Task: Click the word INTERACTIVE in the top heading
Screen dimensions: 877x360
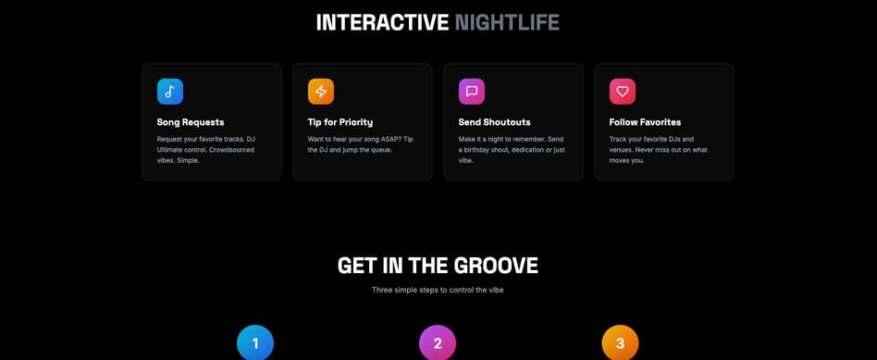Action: (x=382, y=22)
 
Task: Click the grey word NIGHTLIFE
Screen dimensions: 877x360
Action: (x=507, y=22)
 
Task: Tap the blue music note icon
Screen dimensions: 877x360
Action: (x=170, y=92)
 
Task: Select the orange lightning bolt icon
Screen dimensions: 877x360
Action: (x=321, y=92)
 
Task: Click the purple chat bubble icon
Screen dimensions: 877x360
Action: (x=472, y=92)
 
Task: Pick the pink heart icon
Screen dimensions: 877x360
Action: (x=623, y=92)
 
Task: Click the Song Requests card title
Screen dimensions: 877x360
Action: (x=191, y=122)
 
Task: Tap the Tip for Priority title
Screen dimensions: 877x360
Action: (x=340, y=122)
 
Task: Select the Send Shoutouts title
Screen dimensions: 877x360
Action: (x=494, y=122)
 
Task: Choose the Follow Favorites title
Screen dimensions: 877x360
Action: (x=645, y=122)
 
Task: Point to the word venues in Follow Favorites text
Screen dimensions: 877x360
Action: (x=620, y=150)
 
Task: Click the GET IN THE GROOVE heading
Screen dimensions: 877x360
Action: (x=438, y=266)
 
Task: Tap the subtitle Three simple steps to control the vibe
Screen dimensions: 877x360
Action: (x=438, y=290)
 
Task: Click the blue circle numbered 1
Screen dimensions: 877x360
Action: (x=255, y=342)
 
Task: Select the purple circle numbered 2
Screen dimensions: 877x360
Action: (x=438, y=342)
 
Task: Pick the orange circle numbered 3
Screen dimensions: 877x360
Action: (x=620, y=342)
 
